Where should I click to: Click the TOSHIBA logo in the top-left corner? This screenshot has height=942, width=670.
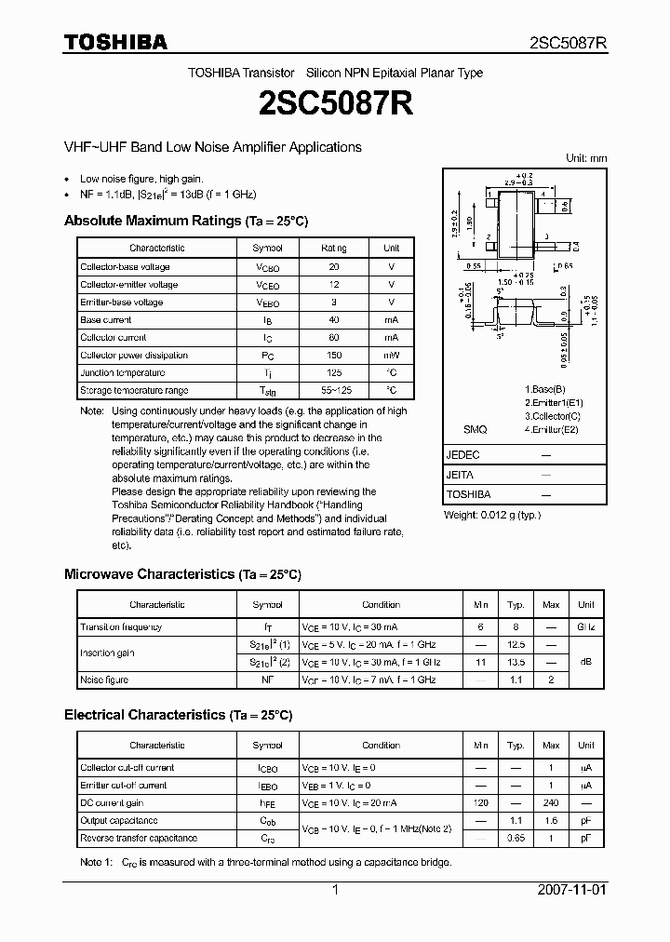pos(115,42)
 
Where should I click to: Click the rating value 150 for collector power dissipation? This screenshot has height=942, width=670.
pos(334,356)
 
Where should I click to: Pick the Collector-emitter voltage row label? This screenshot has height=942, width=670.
pos(128,285)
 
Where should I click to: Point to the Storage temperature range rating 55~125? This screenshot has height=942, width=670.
pos(334,391)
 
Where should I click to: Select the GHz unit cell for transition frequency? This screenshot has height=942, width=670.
pos(585,627)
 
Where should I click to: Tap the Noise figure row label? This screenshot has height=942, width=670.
pos(104,680)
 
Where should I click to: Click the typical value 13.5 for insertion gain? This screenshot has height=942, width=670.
pos(516,663)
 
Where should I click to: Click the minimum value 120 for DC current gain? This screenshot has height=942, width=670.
pos(480,803)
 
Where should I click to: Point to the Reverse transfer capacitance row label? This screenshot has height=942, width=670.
pos(138,839)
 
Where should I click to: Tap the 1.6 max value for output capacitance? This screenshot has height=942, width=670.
pos(551,821)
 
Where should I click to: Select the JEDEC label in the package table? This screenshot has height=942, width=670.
pos(463,455)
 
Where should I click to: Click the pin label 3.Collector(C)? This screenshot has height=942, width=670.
pos(552,416)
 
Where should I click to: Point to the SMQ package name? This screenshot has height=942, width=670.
pos(475,430)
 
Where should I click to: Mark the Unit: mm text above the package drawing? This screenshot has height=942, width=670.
pos(586,158)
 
